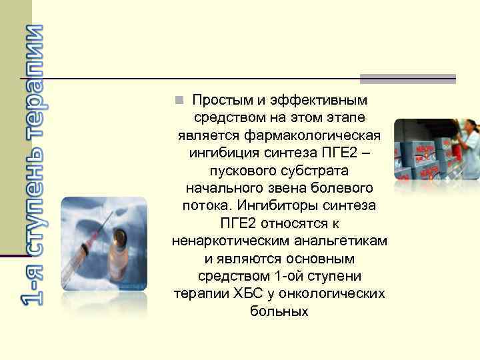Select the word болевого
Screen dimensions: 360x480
coord(340,189)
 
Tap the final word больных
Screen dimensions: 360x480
coord(279,311)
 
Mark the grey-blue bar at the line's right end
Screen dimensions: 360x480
coord(407,79)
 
